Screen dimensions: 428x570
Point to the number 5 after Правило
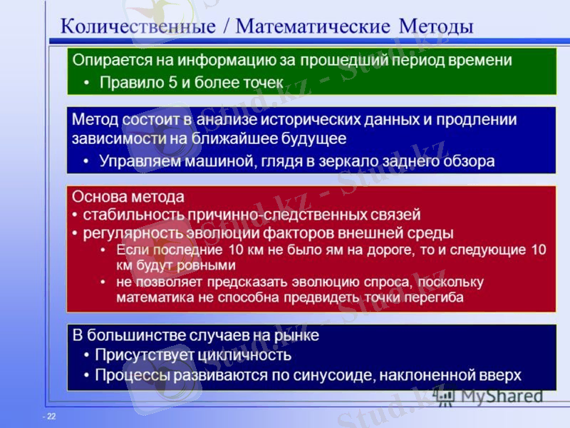[172, 82]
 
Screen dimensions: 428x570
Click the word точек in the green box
[263, 82]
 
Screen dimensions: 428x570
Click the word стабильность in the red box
[125, 214]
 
